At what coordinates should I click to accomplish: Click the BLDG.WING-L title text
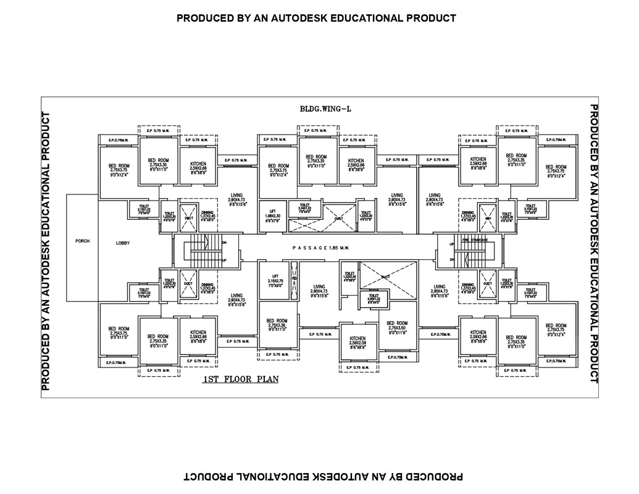pos(325,109)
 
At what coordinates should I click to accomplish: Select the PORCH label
pos(82,241)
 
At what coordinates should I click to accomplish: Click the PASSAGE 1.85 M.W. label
pos(321,248)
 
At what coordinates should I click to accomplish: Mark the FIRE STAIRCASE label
pos(474,239)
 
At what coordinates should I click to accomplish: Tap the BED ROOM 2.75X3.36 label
pos(277,325)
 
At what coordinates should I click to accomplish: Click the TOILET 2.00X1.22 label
pos(374,299)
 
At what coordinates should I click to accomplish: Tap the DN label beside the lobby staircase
pos(223,242)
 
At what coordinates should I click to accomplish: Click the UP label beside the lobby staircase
pos(223,260)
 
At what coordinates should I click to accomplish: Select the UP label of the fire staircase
pos(453,244)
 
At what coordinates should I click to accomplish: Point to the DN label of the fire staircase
pos(453,261)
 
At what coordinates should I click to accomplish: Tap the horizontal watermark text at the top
pos(316,18)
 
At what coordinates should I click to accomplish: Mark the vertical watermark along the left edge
pos(45,252)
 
